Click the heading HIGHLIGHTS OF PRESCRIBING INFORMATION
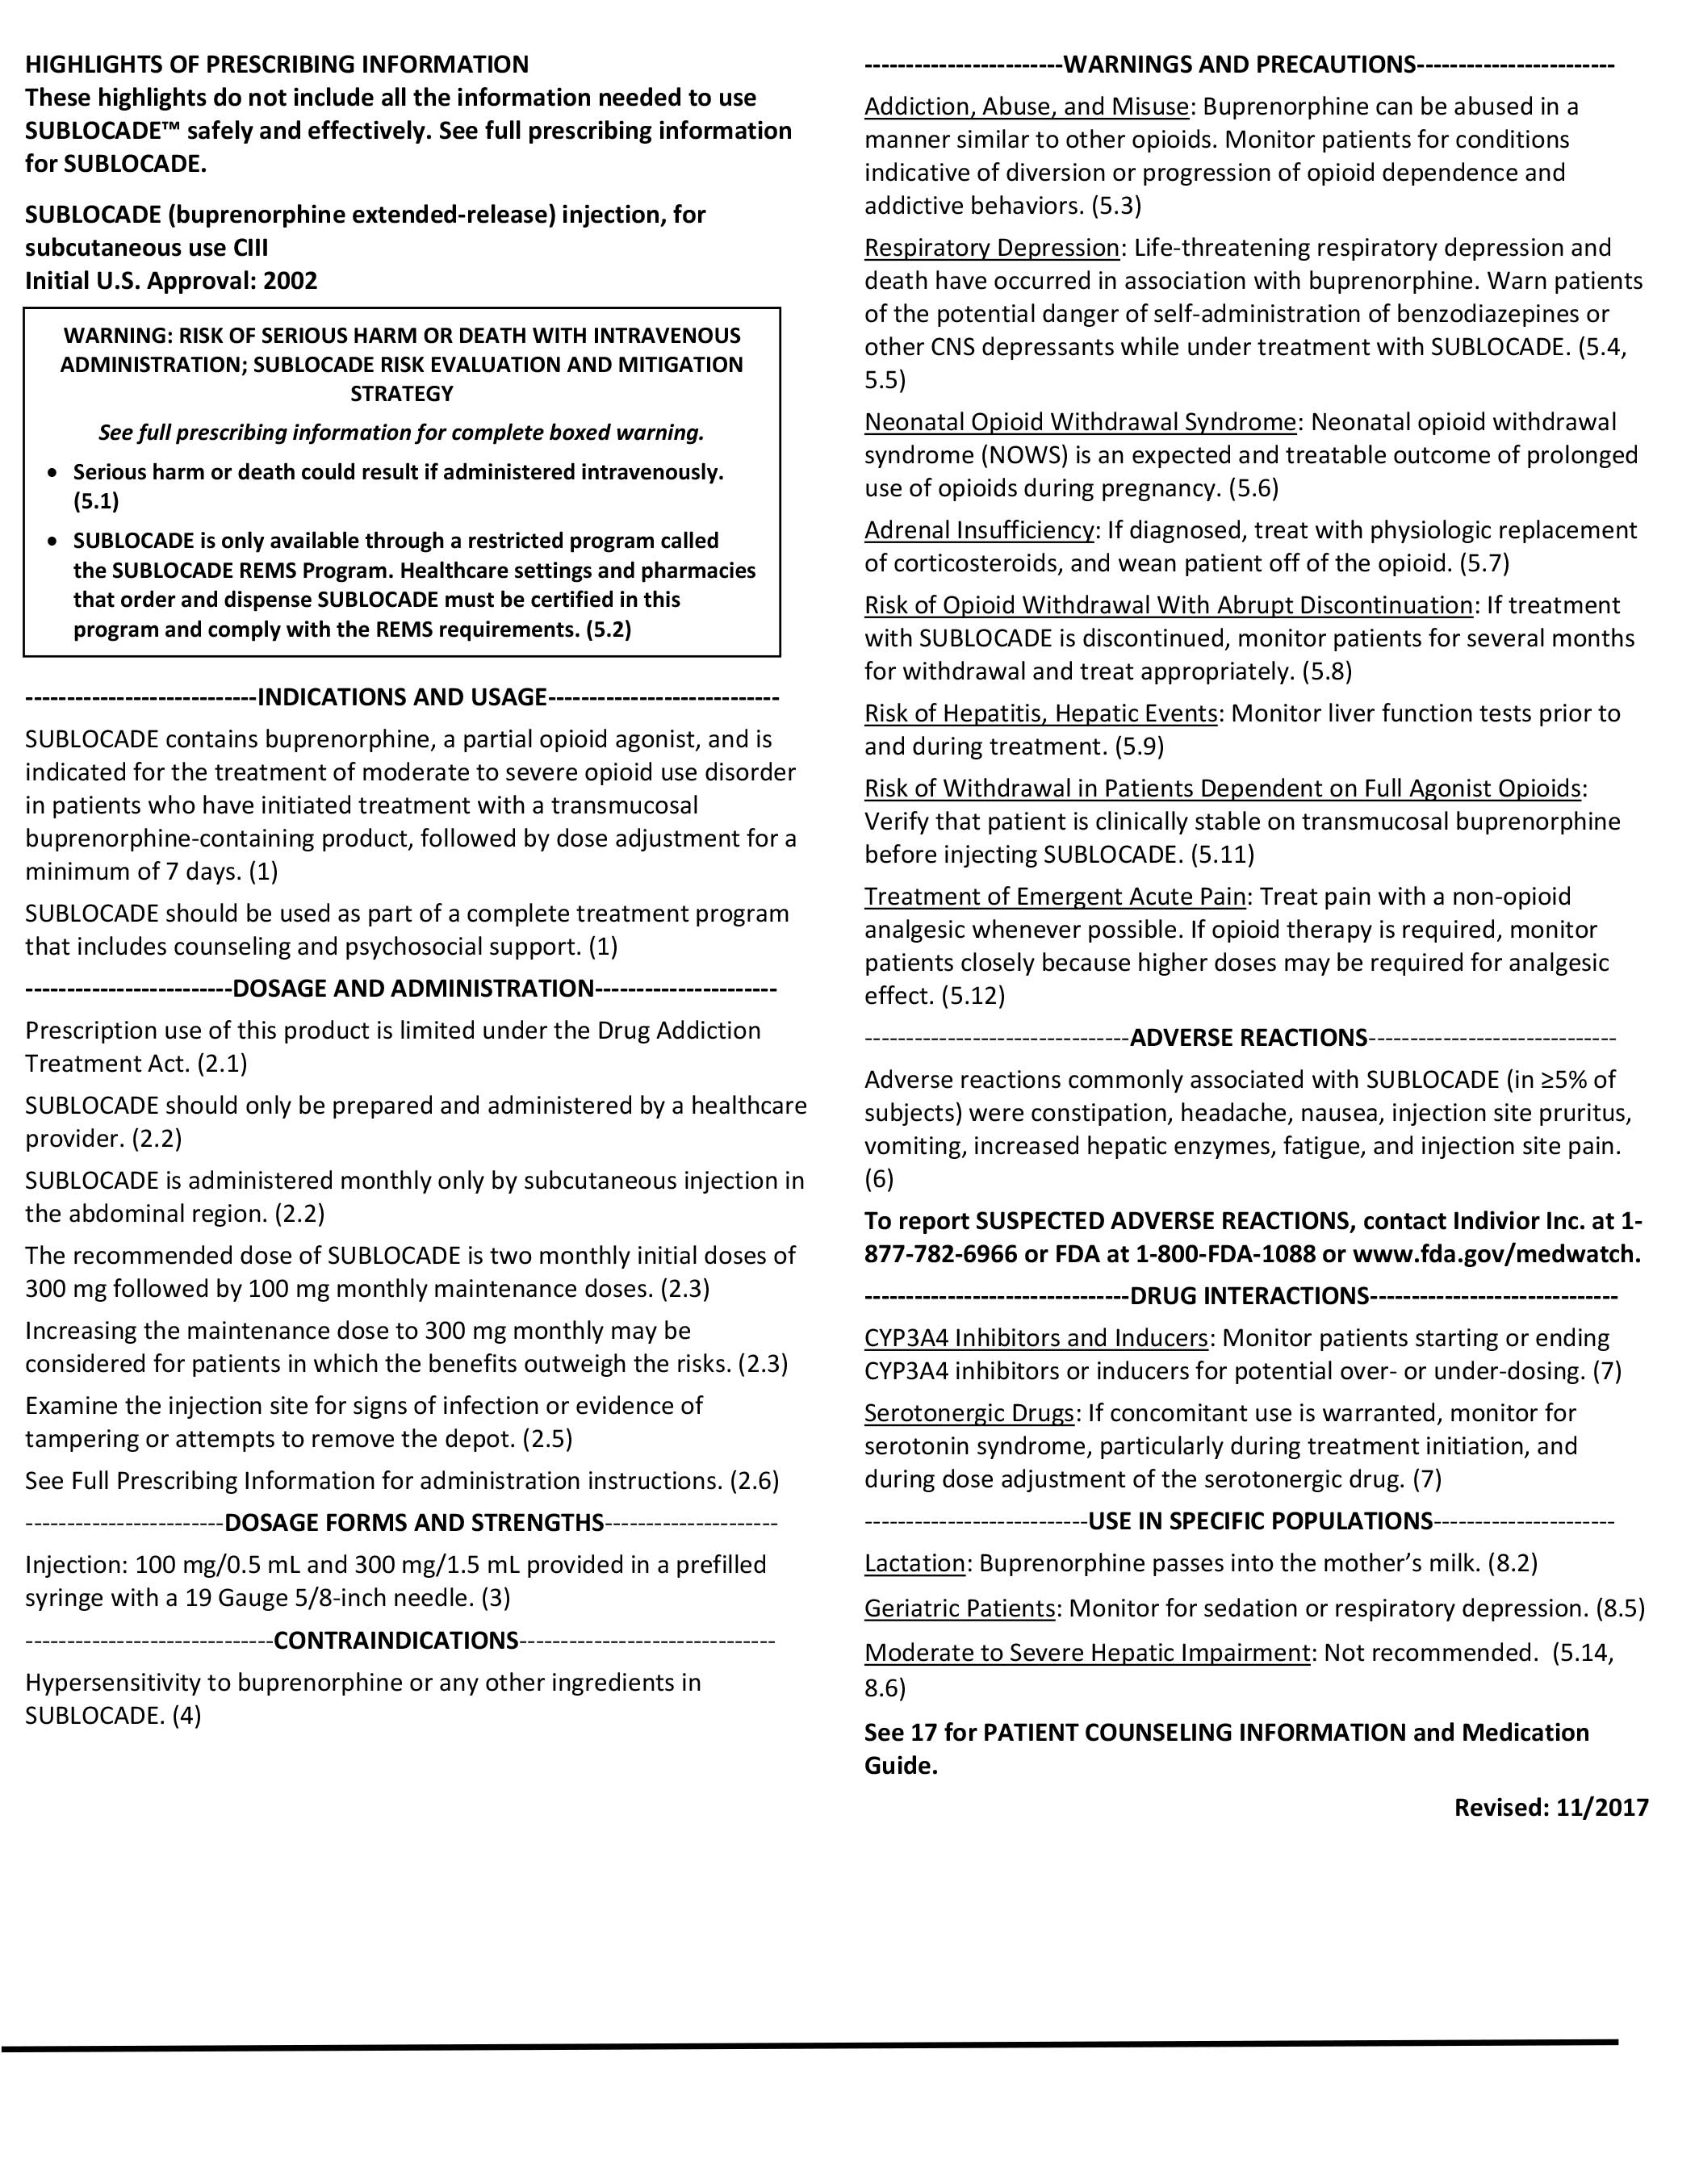click(276, 65)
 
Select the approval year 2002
click(291, 280)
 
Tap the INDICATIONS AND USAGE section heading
click(402, 696)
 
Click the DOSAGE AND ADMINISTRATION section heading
click(413, 988)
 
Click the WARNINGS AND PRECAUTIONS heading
click(1239, 65)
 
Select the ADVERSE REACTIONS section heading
click(1248, 1038)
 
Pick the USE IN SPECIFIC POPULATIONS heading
click(1260, 1520)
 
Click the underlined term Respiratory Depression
click(992, 248)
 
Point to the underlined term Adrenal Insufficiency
click(979, 529)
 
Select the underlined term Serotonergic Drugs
click(969, 1413)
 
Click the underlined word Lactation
click(914, 1562)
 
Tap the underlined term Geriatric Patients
click(960, 1608)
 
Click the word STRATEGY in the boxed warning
click(402, 393)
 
